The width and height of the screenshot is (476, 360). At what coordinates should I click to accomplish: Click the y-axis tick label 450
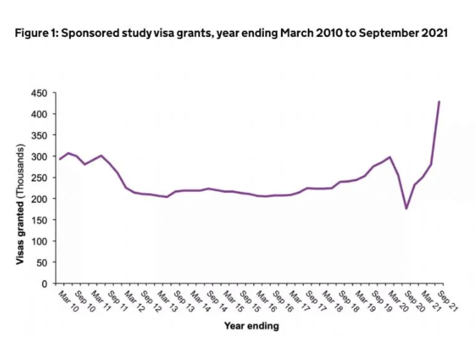click(39, 93)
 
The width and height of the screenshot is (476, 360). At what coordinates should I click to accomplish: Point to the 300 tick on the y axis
click(39, 156)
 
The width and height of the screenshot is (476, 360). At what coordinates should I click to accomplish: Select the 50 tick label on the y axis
click(42, 263)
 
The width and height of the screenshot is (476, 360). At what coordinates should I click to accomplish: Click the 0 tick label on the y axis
click(44, 284)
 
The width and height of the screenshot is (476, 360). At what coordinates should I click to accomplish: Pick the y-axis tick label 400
click(39, 114)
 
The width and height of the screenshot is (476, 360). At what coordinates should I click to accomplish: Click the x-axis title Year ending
click(251, 327)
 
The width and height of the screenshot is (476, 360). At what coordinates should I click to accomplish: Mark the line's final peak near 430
click(439, 102)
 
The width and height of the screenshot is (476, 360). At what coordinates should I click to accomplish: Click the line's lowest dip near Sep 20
click(406, 208)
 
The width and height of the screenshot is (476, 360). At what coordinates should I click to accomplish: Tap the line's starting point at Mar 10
click(60, 159)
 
